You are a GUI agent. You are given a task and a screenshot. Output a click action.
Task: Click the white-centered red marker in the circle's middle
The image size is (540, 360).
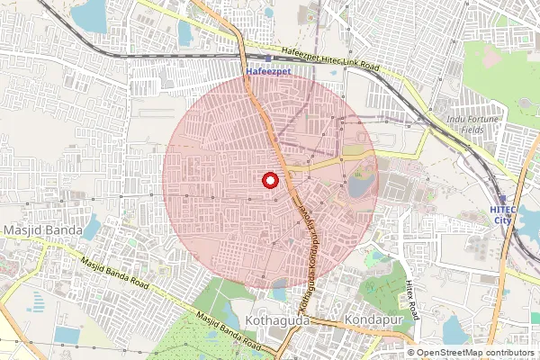click(269, 180)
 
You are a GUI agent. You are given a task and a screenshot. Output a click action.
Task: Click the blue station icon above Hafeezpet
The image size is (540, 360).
click(267, 58)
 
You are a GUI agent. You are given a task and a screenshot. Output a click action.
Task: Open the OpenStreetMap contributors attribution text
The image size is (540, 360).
click(475, 353)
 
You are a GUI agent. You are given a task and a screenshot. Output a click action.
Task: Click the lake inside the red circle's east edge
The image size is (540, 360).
click(362, 186)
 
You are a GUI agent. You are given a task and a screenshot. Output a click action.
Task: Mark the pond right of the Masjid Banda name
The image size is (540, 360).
click(92, 229)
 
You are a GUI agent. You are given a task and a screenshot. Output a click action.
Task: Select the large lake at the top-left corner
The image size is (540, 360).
click(88, 15)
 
